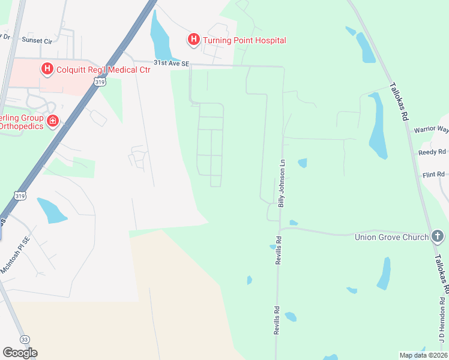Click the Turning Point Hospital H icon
click(193, 40)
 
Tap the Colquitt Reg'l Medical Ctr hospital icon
click(47, 70)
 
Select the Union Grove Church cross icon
click(438, 236)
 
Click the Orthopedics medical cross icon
click(53, 122)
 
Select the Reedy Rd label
click(433, 152)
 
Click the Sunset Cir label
click(37, 40)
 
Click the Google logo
click(20, 353)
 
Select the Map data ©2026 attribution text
click(423, 355)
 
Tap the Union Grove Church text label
click(390, 236)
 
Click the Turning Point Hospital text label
click(244, 40)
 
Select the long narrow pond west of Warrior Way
click(378, 126)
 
